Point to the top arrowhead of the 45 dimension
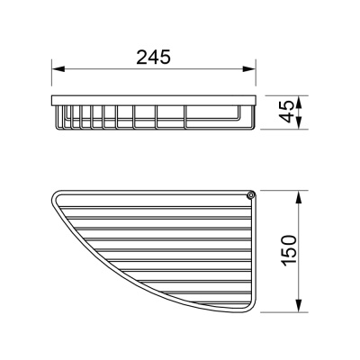(x=299, y=96)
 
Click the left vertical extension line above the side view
(x=50, y=76)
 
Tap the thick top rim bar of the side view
(x=153, y=95)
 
